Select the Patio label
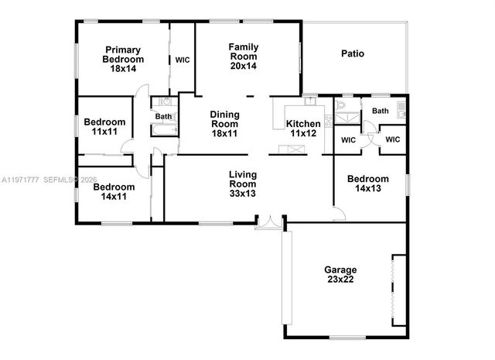point(353,53)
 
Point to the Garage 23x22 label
point(340,274)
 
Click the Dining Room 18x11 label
point(224,124)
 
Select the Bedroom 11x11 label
point(104,127)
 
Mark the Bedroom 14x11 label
point(114,191)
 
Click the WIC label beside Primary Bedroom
point(183,60)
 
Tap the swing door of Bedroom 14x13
point(340,213)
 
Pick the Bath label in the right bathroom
point(381,111)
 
